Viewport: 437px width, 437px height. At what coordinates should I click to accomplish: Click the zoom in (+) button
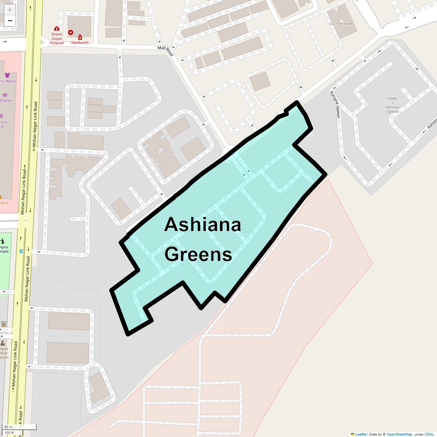tap(10, 10)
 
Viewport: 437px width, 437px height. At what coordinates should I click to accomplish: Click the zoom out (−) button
tap(10, 21)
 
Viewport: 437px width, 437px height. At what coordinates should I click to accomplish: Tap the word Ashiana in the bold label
tap(202, 224)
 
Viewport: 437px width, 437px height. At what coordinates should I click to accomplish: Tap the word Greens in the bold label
tap(198, 254)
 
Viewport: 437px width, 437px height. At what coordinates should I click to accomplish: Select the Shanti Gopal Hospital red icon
tap(56, 28)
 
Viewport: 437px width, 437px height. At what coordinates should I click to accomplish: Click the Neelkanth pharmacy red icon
tap(80, 37)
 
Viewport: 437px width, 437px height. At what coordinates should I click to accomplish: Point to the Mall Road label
tap(166, 50)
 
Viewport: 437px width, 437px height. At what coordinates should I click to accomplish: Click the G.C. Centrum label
tap(341, 24)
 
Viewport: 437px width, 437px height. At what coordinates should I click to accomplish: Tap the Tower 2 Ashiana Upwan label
tap(392, 105)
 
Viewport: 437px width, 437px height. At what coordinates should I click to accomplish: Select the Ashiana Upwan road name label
tap(335, 104)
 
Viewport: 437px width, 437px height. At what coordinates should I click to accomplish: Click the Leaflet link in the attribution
tap(361, 434)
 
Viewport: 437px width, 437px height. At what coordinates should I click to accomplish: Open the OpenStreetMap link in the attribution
tap(399, 434)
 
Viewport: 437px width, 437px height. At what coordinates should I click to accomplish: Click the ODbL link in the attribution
tap(429, 434)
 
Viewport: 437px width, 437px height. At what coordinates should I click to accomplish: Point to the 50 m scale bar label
tap(8, 427)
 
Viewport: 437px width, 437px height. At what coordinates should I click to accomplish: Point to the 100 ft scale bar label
tap(9, 433)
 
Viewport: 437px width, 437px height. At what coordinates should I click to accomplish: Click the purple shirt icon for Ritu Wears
tap(7, 75)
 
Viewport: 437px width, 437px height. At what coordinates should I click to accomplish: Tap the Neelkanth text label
tap(80, 43)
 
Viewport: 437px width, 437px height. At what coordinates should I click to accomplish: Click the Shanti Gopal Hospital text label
tap(56, 39)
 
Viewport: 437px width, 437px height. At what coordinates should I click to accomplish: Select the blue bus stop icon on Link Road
tap(21, 251)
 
